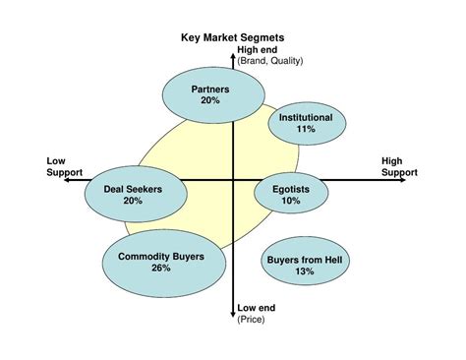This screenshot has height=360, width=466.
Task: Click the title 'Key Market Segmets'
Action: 232,39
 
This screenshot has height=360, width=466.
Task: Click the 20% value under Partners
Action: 209,100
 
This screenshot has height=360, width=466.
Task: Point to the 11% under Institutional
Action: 305,129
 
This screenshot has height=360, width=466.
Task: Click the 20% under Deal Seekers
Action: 133,201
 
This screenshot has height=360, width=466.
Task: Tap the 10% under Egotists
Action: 290,201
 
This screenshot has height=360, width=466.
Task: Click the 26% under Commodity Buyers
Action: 160,268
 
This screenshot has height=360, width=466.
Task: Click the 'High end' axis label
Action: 258,51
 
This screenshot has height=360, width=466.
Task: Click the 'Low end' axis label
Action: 257,308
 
